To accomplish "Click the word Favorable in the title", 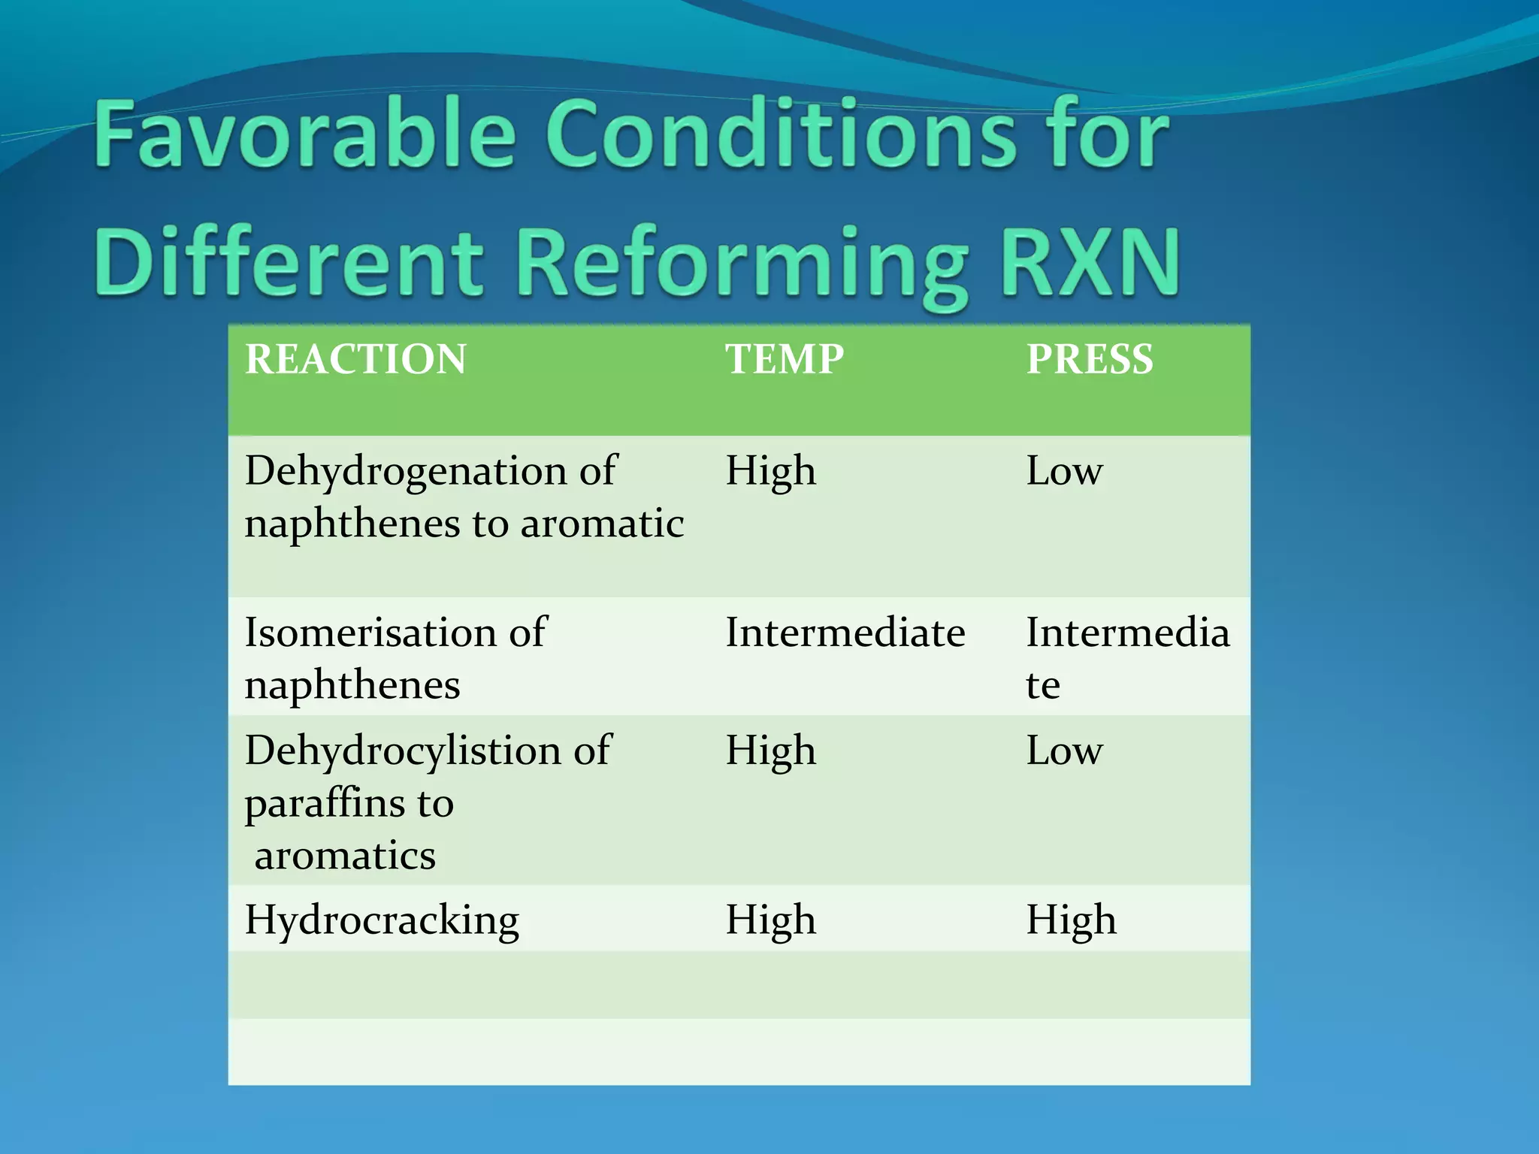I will click(305, 135).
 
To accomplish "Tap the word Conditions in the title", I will click(781, 135).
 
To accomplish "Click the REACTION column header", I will click(355, 359).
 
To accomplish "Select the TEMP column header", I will click(785, 359).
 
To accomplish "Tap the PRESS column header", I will click(1090, 359).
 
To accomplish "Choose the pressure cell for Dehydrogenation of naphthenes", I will click(1064, 472).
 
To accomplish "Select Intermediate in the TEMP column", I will click(845, 633).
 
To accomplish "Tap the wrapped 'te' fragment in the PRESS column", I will click(1043, 685).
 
